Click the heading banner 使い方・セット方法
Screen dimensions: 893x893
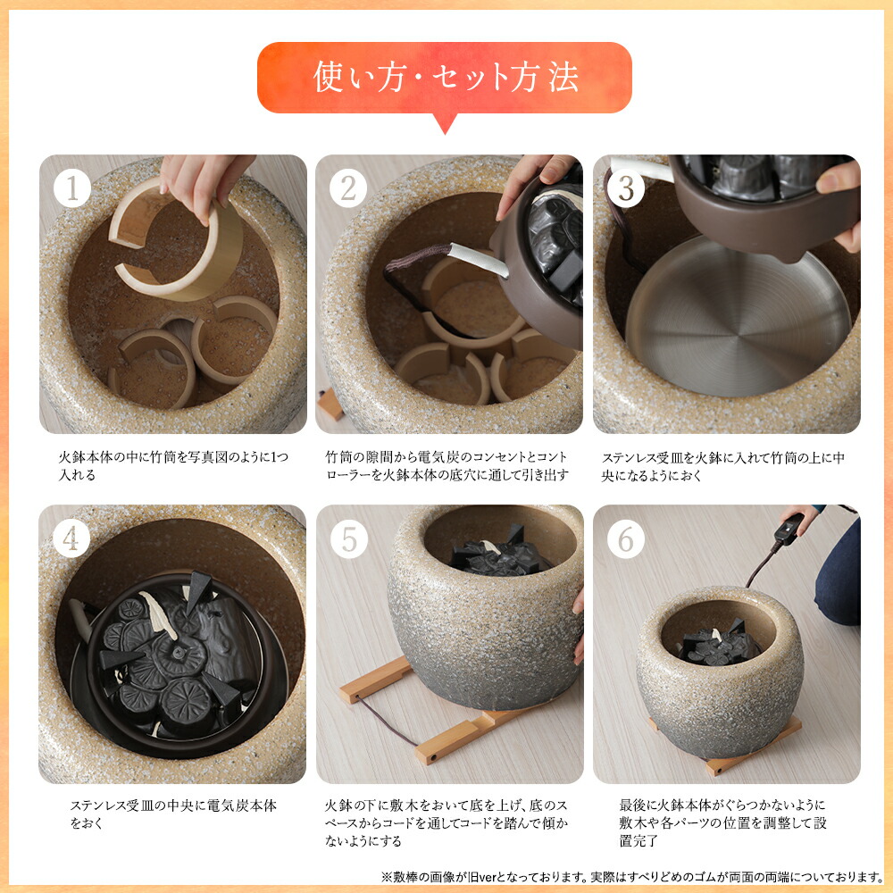[445, 78]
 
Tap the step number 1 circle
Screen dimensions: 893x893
[72, 189]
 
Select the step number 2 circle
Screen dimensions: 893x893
[348, 189]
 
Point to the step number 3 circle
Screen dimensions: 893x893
[626, 189]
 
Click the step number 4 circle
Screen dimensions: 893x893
[72, 539]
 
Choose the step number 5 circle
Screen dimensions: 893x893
[348, 539]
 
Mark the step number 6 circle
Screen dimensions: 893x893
[626, 539]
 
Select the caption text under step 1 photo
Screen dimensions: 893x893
[170, 466]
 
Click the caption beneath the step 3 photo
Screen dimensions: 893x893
[722, 466]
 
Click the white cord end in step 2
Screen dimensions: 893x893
[478, 260]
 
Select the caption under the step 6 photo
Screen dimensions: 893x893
[722, 823]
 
